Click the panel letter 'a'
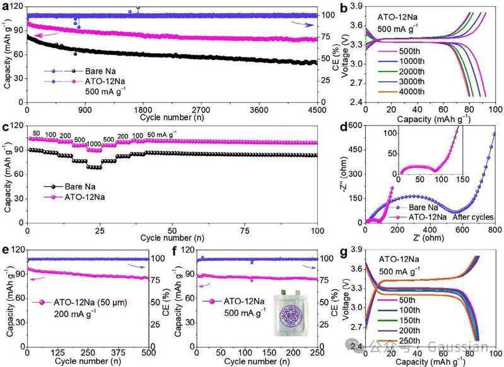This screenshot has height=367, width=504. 6,6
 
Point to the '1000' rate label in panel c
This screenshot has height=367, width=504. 93,143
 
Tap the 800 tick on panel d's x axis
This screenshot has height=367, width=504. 495,230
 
